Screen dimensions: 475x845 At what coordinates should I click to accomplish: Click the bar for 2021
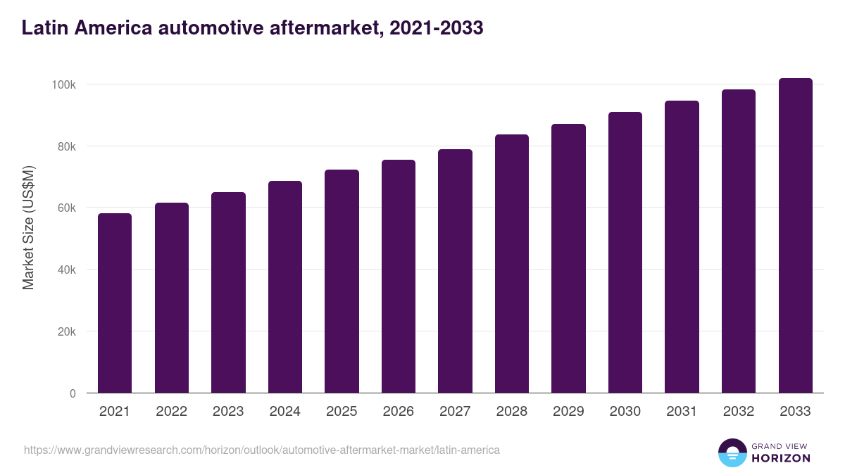pyautogui.click(x=115, y=303)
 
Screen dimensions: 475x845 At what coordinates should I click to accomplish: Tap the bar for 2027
pyautogui.click(x=455, y=271)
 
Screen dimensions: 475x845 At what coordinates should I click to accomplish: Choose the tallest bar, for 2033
pyautogui.click(x=795, y=235)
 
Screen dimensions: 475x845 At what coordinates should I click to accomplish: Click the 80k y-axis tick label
pyautogui.click(x=67, y=146)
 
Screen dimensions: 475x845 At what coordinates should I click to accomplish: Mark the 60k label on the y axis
pyautogui.click(x=67, y=208)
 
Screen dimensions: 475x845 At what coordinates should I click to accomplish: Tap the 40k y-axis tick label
pyautogui.click(x=67, y=270)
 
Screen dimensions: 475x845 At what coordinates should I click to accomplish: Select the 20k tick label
pyautogui.click(x=67, y=331)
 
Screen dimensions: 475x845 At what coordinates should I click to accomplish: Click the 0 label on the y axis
pyautogui.click(x=73, y=393)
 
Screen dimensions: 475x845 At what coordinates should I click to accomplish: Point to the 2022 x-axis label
pyautogui.click(x=171, y=412)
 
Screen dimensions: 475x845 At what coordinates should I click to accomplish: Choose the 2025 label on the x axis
pyautogui.click(x=342, y=412)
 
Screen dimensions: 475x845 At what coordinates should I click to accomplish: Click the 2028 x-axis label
pyautogui.click(x=511, y=412)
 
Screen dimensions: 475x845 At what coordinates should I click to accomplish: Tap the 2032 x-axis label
pyautogui.click(x=739, y=412)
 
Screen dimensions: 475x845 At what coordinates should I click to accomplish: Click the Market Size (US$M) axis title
pyautogui.click(x=28, y=227)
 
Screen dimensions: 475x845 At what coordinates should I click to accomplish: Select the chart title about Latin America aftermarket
pyautogui.click(x=252, y=27)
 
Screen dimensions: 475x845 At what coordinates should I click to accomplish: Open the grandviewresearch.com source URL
pyautogui.click(x=262, y=450)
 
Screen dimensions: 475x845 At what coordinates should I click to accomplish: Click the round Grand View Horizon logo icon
pyautogui.click(x=732, y=453)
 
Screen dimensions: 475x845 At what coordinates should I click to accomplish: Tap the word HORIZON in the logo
pyautogui.click(x=781, y=458)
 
